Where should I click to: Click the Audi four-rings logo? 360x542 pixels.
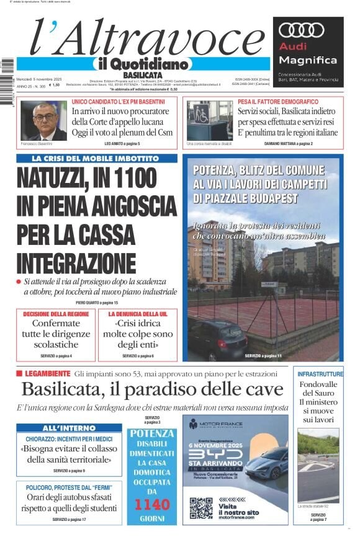click(x=301, y=30)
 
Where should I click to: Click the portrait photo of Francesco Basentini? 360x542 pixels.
click(x=43, y=121)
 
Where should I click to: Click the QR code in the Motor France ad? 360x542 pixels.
click(x=200, y=507)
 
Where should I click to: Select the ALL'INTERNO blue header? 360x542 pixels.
click(x=68, y=428)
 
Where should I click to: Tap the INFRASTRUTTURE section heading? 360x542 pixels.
click(x=320, y=374)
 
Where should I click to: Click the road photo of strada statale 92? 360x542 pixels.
click(x=318, y=465)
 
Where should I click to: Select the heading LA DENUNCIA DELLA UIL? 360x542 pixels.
click(x=138, y=314)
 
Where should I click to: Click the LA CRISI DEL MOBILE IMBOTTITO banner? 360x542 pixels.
click(x=96, y=158)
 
